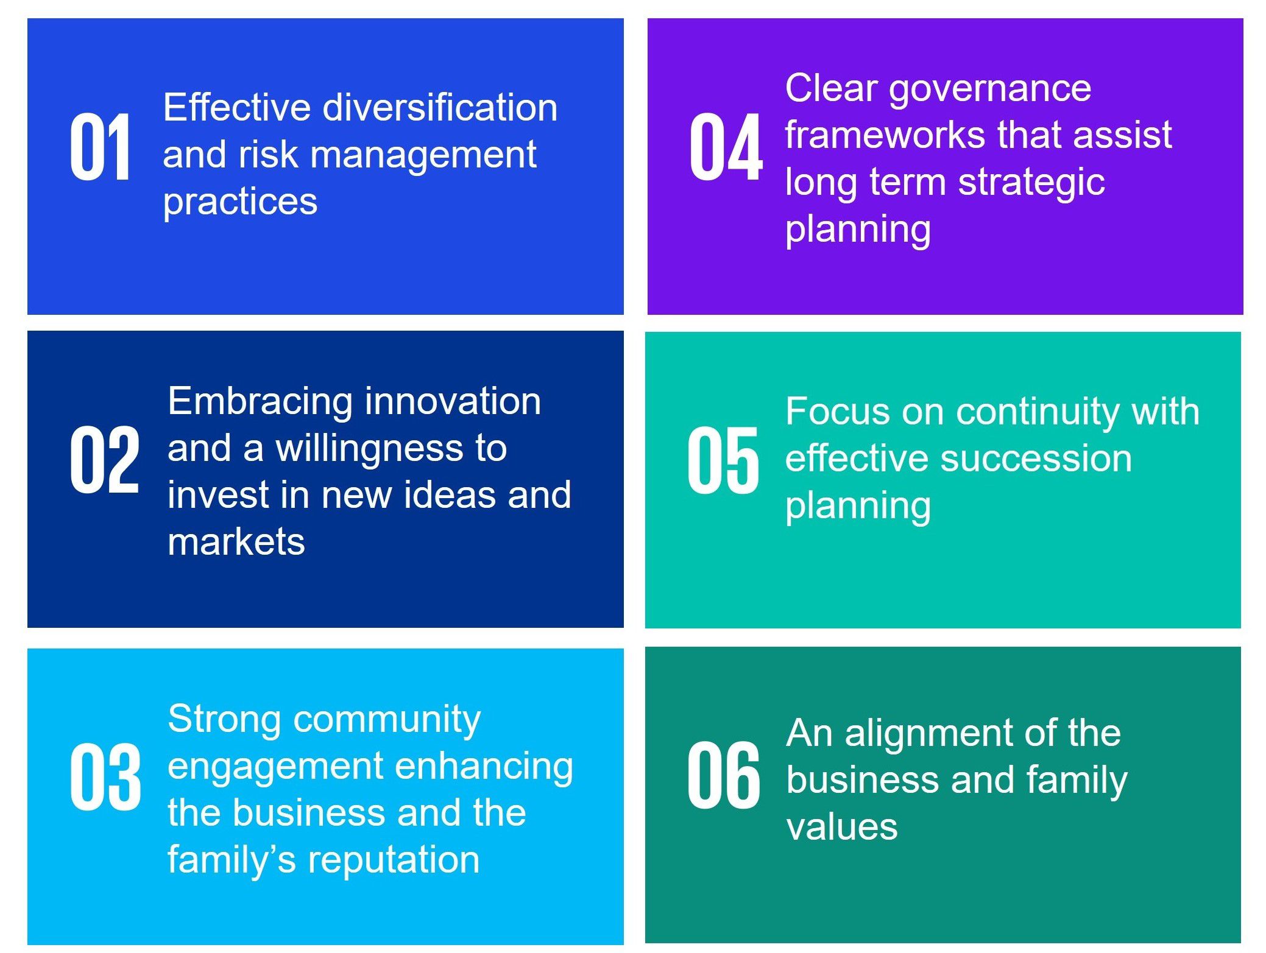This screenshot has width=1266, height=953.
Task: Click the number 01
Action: pos(100,147)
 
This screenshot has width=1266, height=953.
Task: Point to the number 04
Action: pos(726,147)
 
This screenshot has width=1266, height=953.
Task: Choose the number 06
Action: pos(724,775)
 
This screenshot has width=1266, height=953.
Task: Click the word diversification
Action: pos(440,107)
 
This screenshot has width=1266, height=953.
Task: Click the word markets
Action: pos(236,541)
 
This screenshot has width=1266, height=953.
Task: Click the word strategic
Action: pos(1031,183)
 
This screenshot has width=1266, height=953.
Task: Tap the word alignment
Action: pos(929,734)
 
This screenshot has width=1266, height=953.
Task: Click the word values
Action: pos(842,828)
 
